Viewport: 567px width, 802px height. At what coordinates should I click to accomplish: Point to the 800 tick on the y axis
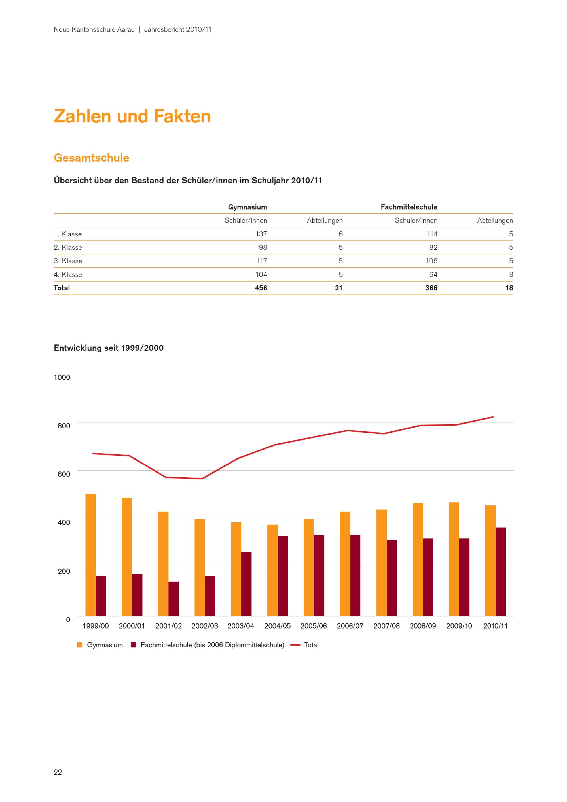pos(64,426)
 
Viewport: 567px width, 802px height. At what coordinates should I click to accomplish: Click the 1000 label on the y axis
pos(62,377)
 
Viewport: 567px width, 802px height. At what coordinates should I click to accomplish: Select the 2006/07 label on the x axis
pos(350,626)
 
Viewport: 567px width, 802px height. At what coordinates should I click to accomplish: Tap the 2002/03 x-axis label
pos(205,626)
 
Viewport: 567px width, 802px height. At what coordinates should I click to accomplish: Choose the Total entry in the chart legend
pos(311,645)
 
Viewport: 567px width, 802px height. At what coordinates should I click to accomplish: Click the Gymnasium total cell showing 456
pos(261,288)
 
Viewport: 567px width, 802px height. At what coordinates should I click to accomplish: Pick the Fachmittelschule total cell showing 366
pos(431,288)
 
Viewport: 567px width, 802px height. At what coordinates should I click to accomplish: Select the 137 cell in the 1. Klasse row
pos(261,234)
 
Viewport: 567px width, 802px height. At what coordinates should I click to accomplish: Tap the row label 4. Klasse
pos(68,274)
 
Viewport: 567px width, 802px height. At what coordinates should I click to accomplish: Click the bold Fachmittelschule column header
pos(409,207)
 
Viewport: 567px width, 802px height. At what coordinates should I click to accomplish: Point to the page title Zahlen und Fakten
pos(132,116)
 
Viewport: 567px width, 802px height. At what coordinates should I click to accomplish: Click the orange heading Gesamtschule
pos(92,158)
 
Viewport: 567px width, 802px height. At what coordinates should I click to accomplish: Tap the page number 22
pos(58,772)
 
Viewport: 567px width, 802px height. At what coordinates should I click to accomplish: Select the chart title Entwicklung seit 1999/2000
pos(109,348)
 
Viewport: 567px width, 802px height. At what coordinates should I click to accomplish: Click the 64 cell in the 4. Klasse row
pos(433,274)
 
